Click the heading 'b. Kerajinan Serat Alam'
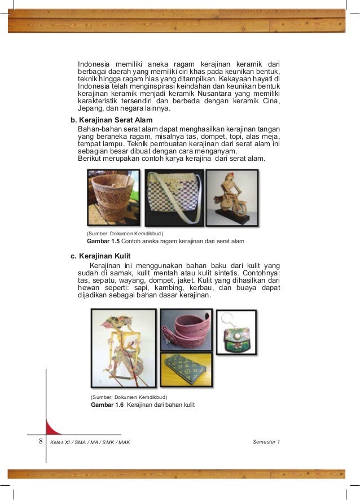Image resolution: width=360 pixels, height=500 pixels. [111, 120]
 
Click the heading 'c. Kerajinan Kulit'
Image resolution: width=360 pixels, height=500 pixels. [100, 256]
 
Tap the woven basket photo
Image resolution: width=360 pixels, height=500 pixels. [115, 198]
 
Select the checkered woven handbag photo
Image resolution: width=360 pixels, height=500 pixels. [174, 198]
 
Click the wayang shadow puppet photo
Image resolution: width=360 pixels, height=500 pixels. [124, 348]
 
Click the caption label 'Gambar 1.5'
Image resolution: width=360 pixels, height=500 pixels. [99, 242]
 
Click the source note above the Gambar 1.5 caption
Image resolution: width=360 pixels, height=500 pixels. [125, 233]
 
